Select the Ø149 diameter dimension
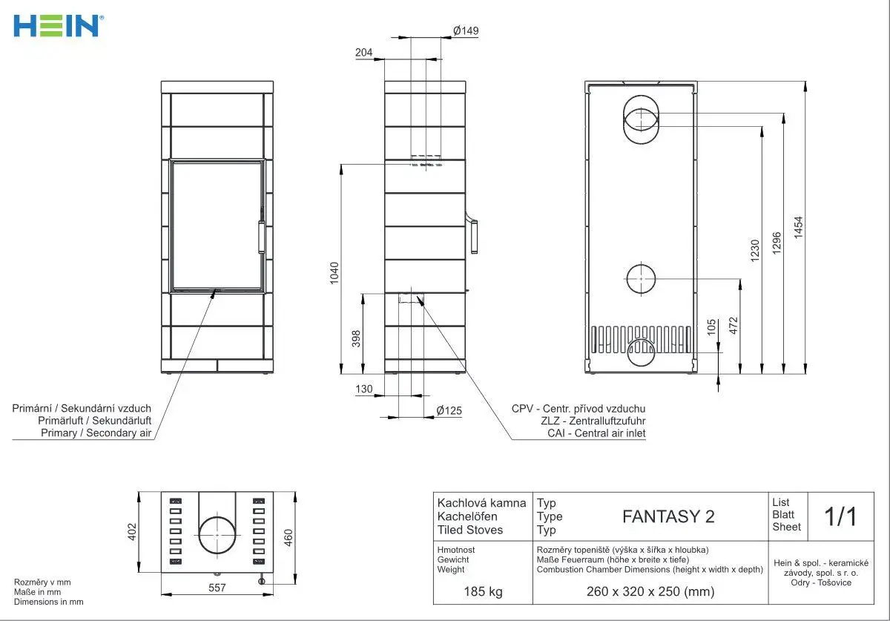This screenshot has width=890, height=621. [466, 30]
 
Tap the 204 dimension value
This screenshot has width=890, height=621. [363, 52]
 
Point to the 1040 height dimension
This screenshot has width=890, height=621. [334, 273]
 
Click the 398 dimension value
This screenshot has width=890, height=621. [356, 338]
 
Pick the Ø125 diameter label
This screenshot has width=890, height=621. [449, 410]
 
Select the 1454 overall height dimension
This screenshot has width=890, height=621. [798, 228]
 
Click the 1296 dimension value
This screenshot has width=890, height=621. [777, 243]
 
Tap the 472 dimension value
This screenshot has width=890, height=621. [734, 325]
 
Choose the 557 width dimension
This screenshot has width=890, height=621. [217, 588]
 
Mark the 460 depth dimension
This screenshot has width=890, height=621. [289, 537]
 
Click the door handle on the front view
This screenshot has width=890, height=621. [261, 237]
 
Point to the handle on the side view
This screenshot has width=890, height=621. [473, 234]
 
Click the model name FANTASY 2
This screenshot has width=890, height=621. [668, 516]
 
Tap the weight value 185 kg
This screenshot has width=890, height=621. [483, 591]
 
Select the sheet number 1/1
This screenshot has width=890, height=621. [840, 516]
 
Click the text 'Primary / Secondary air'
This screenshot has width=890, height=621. [96, 433]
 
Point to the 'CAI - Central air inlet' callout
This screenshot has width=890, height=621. [596, 433]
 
